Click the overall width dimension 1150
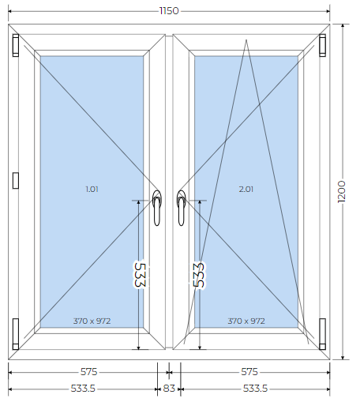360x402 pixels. coord(169,11)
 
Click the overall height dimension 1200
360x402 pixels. coord(341,191)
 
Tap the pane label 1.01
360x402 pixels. coord(92,189)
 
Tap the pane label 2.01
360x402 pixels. coord(246,189)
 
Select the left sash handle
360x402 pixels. coord(157,208)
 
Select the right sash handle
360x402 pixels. coord(181,208)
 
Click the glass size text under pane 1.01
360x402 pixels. coord(92,321)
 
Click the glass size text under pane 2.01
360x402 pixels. coord(246,321)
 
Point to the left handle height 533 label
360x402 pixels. coord(140,275)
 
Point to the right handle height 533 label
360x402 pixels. coord(199,275)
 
